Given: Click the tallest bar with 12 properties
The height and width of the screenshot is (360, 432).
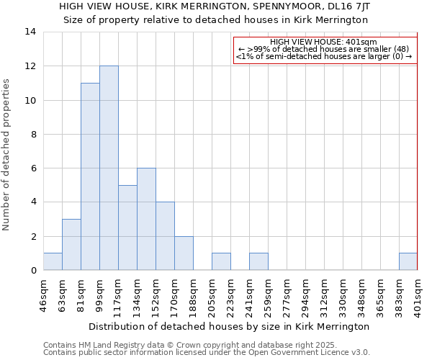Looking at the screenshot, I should click(x=109, y=168).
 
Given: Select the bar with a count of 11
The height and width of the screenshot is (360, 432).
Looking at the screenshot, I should click(x=90, y=176).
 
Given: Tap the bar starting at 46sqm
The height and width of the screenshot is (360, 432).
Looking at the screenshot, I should click(x=53, y=261).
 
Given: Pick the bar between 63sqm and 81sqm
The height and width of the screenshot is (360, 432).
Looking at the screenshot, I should click(x=71, y=244).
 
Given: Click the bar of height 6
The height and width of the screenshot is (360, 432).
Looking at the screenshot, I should click(x=146, y=219).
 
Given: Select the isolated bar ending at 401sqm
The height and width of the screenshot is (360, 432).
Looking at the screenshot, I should click(x=408, y=261).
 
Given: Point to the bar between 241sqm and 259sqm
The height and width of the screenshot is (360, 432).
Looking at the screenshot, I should click(x=258, y=261).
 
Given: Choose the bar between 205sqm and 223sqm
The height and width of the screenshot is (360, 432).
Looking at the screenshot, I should click(x=221, y=261).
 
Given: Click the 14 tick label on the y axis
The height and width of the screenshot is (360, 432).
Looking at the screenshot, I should click(x=30, y=32).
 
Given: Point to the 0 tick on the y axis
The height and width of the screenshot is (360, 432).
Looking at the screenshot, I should click(x=33, y=270).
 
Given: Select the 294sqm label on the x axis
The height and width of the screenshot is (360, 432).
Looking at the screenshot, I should click(x=306, y=296).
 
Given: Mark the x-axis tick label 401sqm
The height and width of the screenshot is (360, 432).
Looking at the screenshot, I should click(x=418, y=296).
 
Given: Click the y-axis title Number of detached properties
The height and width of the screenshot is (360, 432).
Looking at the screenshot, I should click(x=7, y=155).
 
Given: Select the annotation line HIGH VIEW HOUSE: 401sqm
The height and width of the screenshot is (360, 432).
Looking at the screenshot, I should click(x=324, y=42).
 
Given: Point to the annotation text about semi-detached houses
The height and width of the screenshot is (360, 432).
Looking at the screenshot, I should click(x=324, y=56).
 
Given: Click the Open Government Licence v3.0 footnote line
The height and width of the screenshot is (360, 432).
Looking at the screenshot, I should click(x=206, y=353).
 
